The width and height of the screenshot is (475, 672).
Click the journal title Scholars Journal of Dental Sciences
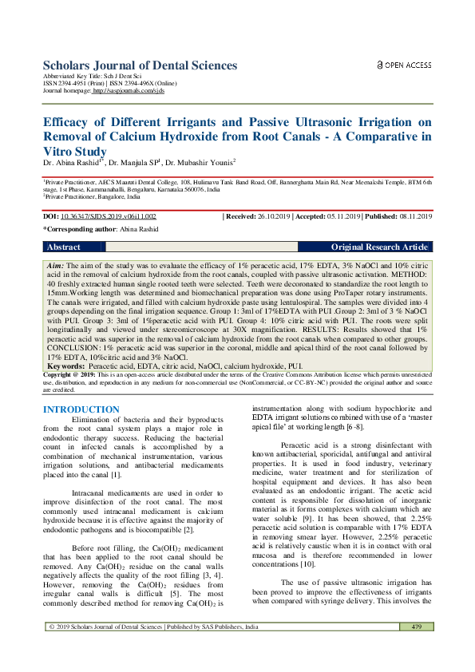pos(140,65)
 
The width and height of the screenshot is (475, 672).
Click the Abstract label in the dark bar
pos(64,247)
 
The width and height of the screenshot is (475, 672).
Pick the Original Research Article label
pos(379,247)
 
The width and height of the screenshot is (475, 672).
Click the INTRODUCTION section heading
pos(81,409)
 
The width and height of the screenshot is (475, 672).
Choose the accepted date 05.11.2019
pos(341,216)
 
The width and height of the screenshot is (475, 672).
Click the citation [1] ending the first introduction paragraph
pos(117,475)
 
